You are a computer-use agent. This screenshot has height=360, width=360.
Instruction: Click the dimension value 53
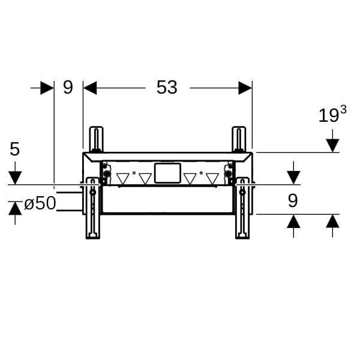click(x=167, y=88)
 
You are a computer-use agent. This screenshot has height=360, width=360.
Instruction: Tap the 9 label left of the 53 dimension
click(x=68, y=87)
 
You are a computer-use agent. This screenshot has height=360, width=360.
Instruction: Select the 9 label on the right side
click(x=293, y=200)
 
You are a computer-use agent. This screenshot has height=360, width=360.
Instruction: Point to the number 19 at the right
click(x=328, y=116)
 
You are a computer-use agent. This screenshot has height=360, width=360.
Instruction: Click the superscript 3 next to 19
click(x=343, y=110)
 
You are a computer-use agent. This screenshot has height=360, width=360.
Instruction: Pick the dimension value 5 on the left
click(x=14, y=149)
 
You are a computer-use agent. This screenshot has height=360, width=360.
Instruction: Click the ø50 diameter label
click(x=40, y=203)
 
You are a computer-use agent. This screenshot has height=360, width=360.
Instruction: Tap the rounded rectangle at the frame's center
click(x=167, y=173)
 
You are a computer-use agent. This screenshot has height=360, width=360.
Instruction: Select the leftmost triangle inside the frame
click(x=123, y=179)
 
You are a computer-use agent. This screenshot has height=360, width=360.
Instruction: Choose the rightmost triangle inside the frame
click(x=212, y=179)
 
